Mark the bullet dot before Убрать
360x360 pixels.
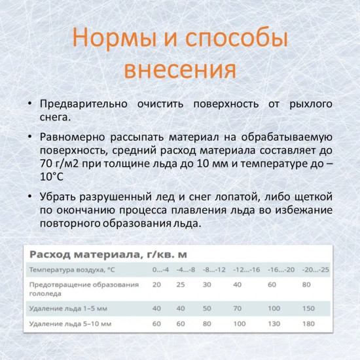coord(30,196)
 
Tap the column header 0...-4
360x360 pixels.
coord(161,270)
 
